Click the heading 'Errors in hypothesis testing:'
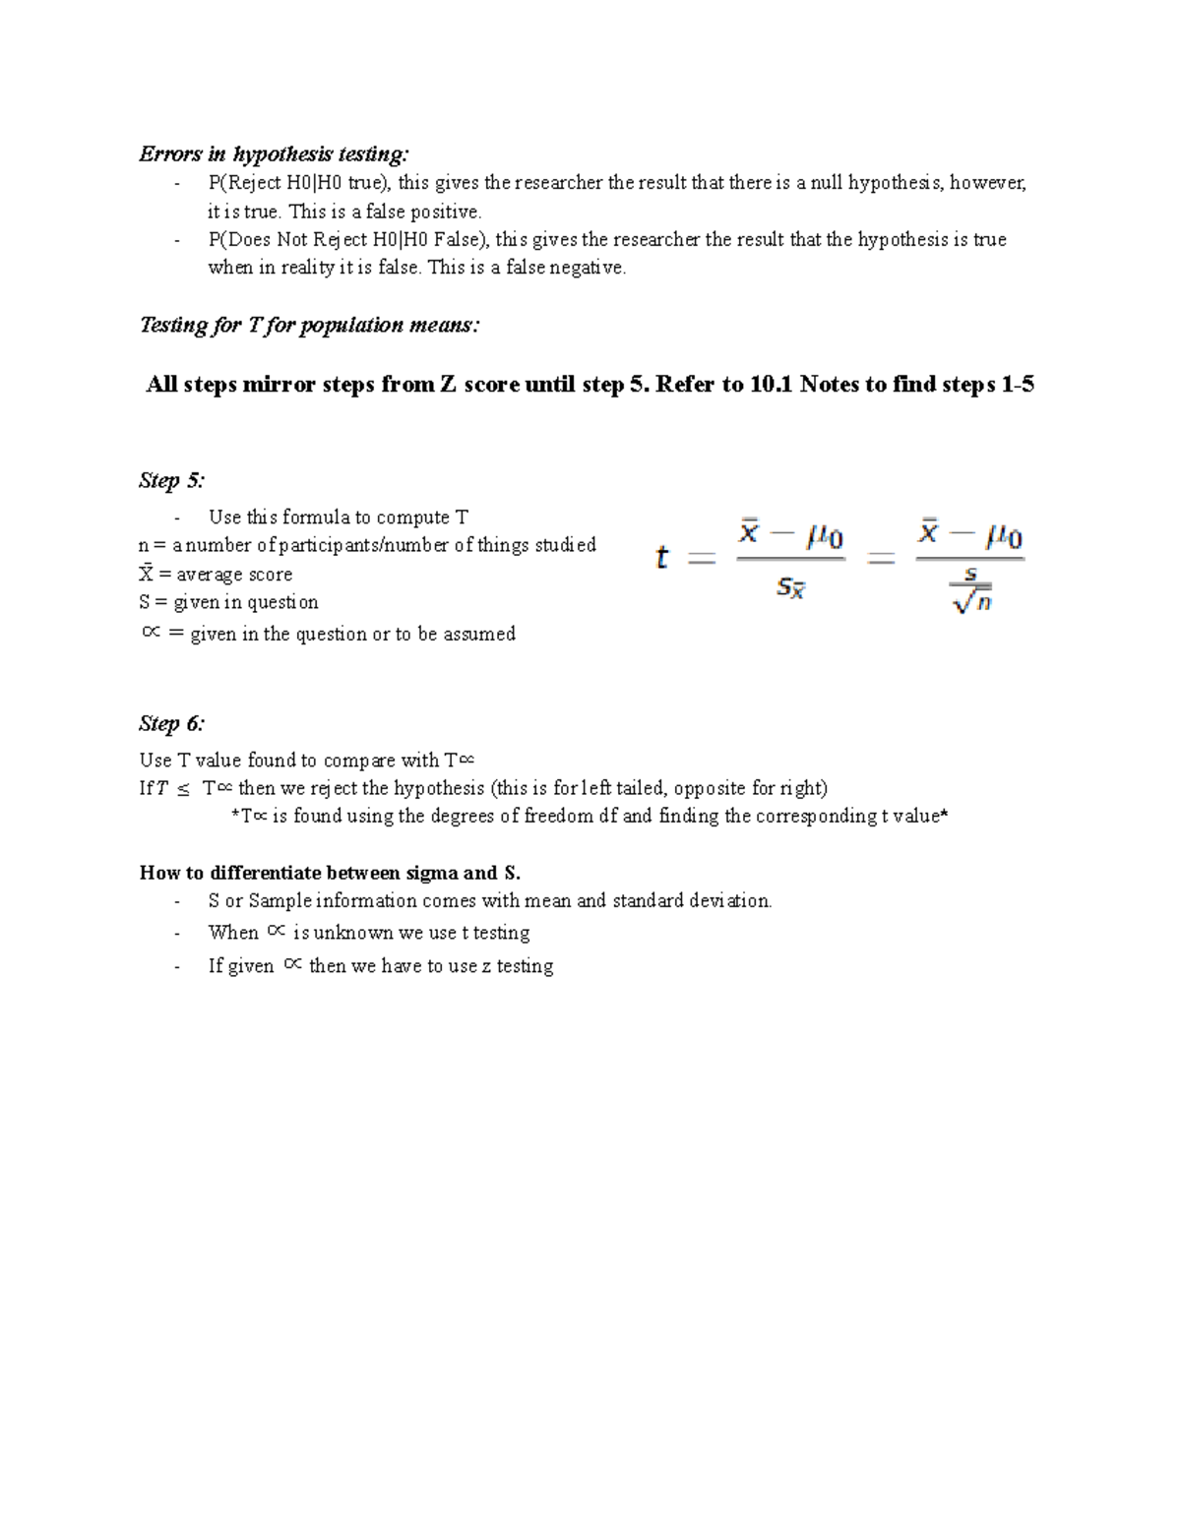(273, 154)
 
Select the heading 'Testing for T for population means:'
(309, 326)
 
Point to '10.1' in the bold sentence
(771, 385)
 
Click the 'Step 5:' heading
(171, 481)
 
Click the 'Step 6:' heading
(171, 724)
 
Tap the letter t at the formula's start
(661, 558)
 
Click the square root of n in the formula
(971, 600)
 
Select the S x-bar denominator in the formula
(791, 588)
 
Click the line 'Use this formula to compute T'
(338, 518)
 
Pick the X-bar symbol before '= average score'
(147, 574)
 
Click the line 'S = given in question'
(228, 602)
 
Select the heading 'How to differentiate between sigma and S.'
(330, 873)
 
